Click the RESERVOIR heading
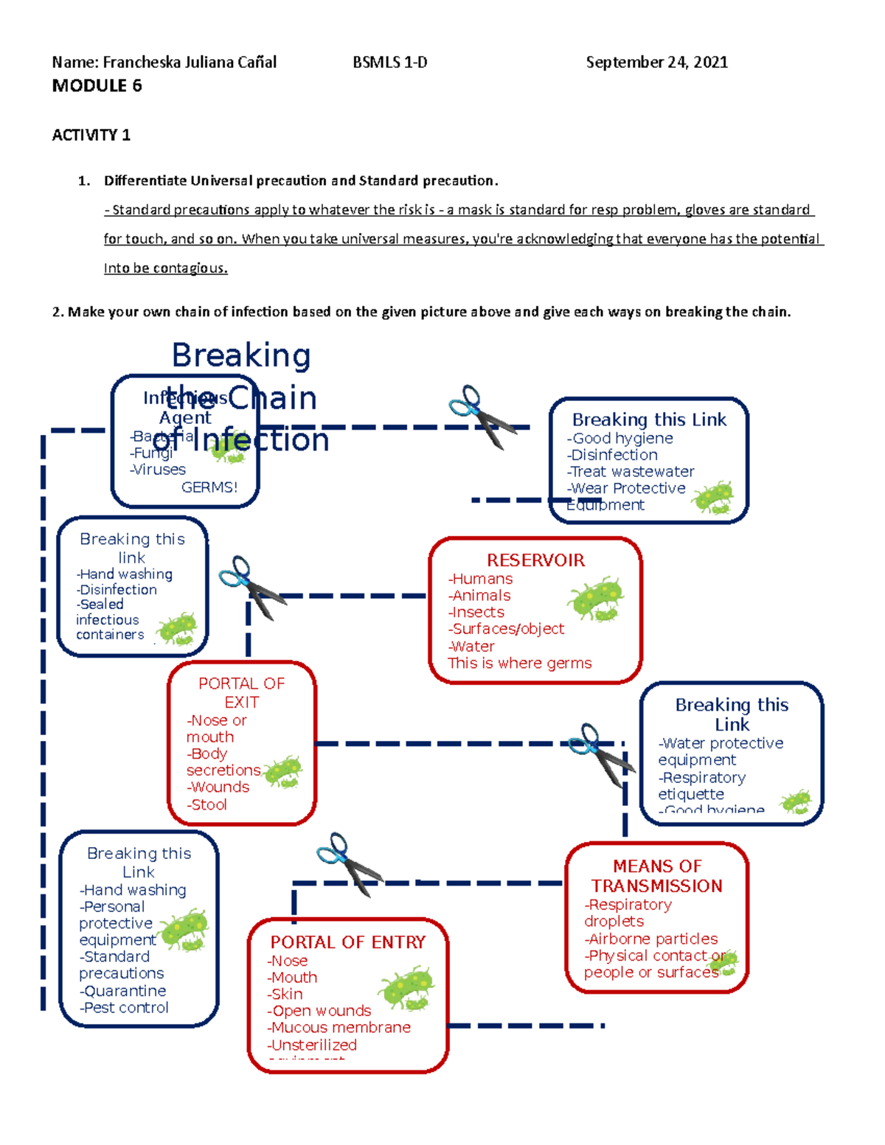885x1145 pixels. tap(535, 560)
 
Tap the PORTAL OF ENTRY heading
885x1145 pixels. tap(348, 942)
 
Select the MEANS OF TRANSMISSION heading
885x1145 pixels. tap(657, 876)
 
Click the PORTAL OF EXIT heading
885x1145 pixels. tap(242, 692)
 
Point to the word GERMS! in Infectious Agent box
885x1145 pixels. tap(209, 487)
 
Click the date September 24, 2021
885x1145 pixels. tap(656, 62)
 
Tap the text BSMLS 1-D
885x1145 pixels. tap(390, 62)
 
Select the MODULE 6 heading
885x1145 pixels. tap(97, 86)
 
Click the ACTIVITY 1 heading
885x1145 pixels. tap(91, 135)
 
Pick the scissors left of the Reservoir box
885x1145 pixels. tap(251, 586)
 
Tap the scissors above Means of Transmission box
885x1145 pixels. tap(601, 754)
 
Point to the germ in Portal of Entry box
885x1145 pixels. tap(406, 989)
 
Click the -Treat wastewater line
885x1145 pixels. tap(631, 472)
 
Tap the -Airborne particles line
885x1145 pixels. tap(651, 939)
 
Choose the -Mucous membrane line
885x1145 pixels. tap(339, 1027)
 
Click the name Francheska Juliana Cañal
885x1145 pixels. tap(190, 62)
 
